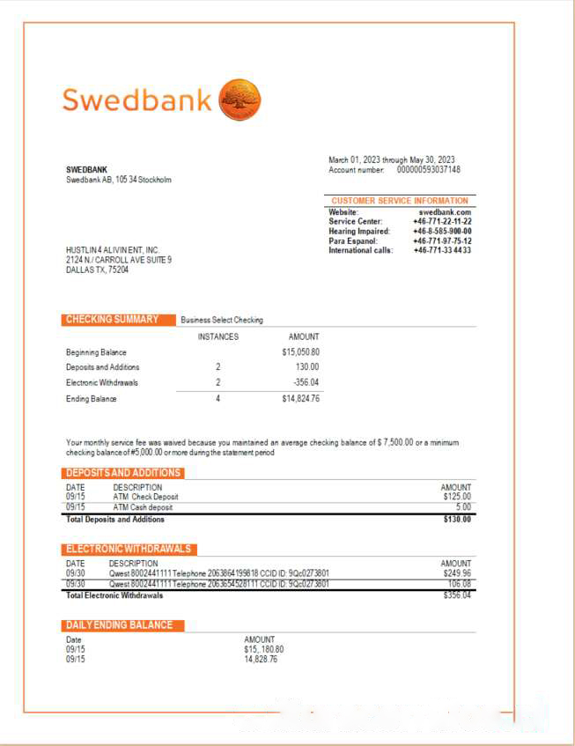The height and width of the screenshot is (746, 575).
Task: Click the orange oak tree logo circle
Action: point(240,99)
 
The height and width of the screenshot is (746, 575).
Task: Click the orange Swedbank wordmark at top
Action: point(136,100)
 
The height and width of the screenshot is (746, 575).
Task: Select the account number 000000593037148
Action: point(428,170)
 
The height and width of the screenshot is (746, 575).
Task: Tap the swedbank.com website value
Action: point(445,212)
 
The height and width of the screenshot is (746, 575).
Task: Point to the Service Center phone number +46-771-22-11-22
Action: point(442,222)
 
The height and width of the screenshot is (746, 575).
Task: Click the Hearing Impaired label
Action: point(358,232)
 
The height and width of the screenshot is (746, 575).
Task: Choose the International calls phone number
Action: point(442,251)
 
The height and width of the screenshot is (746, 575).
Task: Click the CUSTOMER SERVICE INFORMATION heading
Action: point(400,201)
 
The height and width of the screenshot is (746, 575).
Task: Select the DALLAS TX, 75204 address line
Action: point(97,270)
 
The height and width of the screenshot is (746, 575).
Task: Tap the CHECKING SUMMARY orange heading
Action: point(113,320)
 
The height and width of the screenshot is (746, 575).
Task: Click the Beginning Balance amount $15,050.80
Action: point(300,352)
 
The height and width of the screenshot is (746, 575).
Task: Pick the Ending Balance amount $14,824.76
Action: point(300,399)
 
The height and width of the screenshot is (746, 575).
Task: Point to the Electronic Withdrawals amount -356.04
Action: point(306,383)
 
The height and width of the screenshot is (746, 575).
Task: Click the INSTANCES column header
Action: point(217,336)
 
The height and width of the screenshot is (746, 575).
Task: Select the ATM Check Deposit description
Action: point(145,497)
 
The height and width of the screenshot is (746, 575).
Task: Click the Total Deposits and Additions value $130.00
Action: point(456,520)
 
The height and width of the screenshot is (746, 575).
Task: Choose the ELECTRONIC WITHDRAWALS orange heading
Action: point(129,549)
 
